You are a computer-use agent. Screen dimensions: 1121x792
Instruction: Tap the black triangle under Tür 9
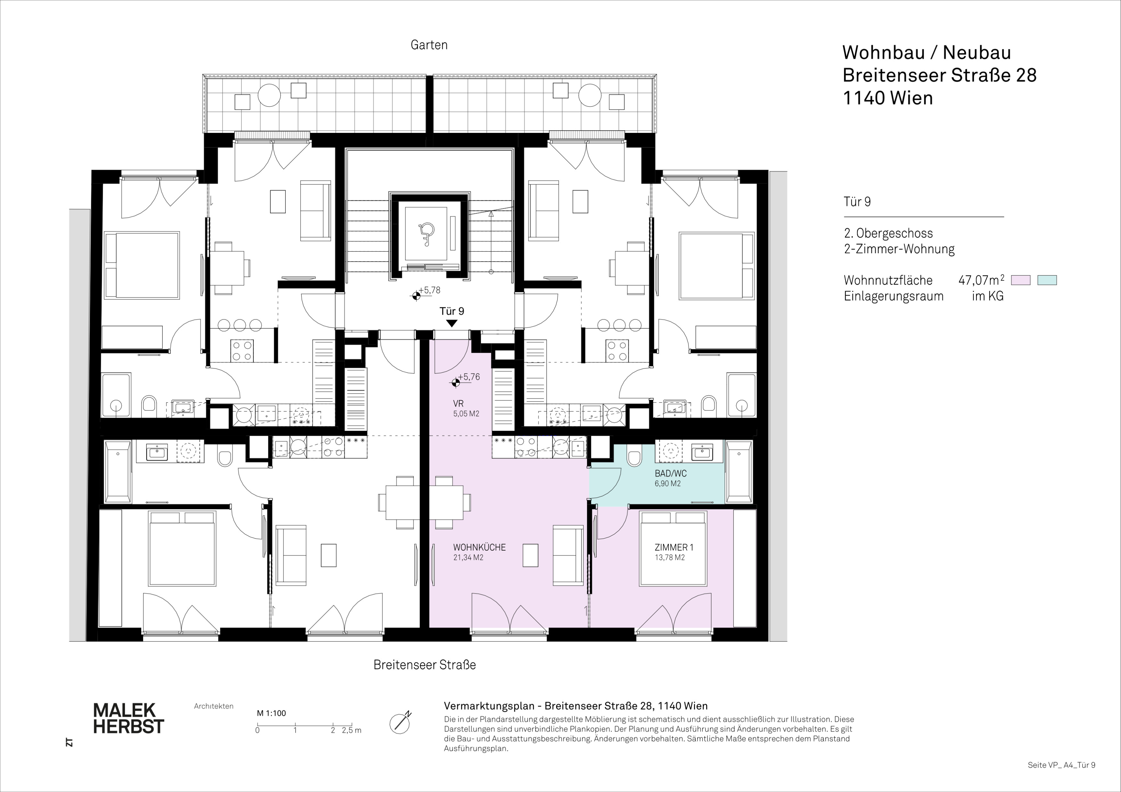(452, 323)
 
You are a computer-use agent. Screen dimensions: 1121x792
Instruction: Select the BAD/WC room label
(670, 474)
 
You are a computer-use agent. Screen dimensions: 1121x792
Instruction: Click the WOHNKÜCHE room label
(479, 547)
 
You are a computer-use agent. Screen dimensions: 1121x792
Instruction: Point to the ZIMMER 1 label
(674, 547)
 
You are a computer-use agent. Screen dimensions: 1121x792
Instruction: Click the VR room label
(458, 404)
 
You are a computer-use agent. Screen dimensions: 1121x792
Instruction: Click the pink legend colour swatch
(1020, 280)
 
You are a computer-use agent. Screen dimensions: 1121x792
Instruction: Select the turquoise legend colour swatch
(1047, 280)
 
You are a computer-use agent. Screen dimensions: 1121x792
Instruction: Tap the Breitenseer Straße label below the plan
(424, 665)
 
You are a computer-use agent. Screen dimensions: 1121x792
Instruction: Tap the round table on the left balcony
(269, 95)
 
